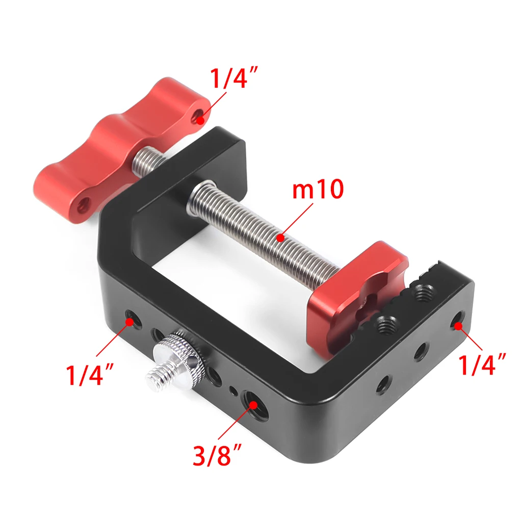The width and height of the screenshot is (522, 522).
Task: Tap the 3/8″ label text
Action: [216, 455]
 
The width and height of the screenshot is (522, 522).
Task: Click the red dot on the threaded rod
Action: [280, 237]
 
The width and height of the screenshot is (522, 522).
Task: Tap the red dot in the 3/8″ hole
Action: [253, 405]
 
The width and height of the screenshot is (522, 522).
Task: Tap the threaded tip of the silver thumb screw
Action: [158, 377]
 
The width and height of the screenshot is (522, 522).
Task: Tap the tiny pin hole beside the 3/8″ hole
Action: [233, 391]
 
